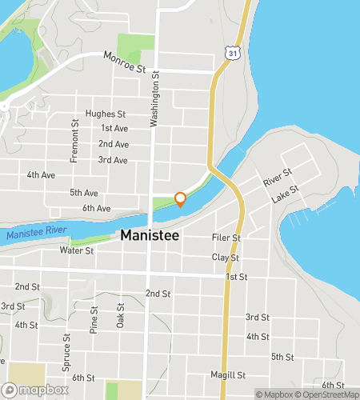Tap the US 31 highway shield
pyautogui.click(x=231, y=53)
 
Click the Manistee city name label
pyautogui.click(x=150, y=237)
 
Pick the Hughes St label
pyautogui.click(x=110, y=114)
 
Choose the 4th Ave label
pyautogui.click(x=41, y=174)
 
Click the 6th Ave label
pyautogui.click(x=96, y=208)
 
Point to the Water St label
pyautogui.click(x=77, y=250)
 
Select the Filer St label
pyautogui.click(x=226, y=238)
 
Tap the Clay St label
pyautogui.click(x=226, y=258)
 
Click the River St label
pyautogui.click(x=278, y=178)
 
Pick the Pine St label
pyautogui.click(x=94, y=318)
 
